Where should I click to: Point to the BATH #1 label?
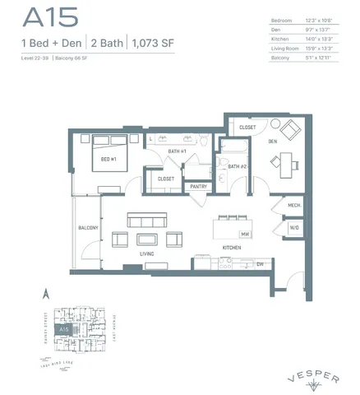[178, 152]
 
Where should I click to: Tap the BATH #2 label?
[238, 166]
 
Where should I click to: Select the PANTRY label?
[198, 187]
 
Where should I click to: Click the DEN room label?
[273, 141]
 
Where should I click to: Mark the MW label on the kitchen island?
[245, 235]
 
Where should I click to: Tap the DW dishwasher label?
[259, 263]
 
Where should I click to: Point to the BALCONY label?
[88, 227]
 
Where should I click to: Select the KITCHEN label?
[231, 248]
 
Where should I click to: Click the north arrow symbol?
[47, 291]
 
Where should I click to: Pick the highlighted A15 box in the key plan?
[63, 328]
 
